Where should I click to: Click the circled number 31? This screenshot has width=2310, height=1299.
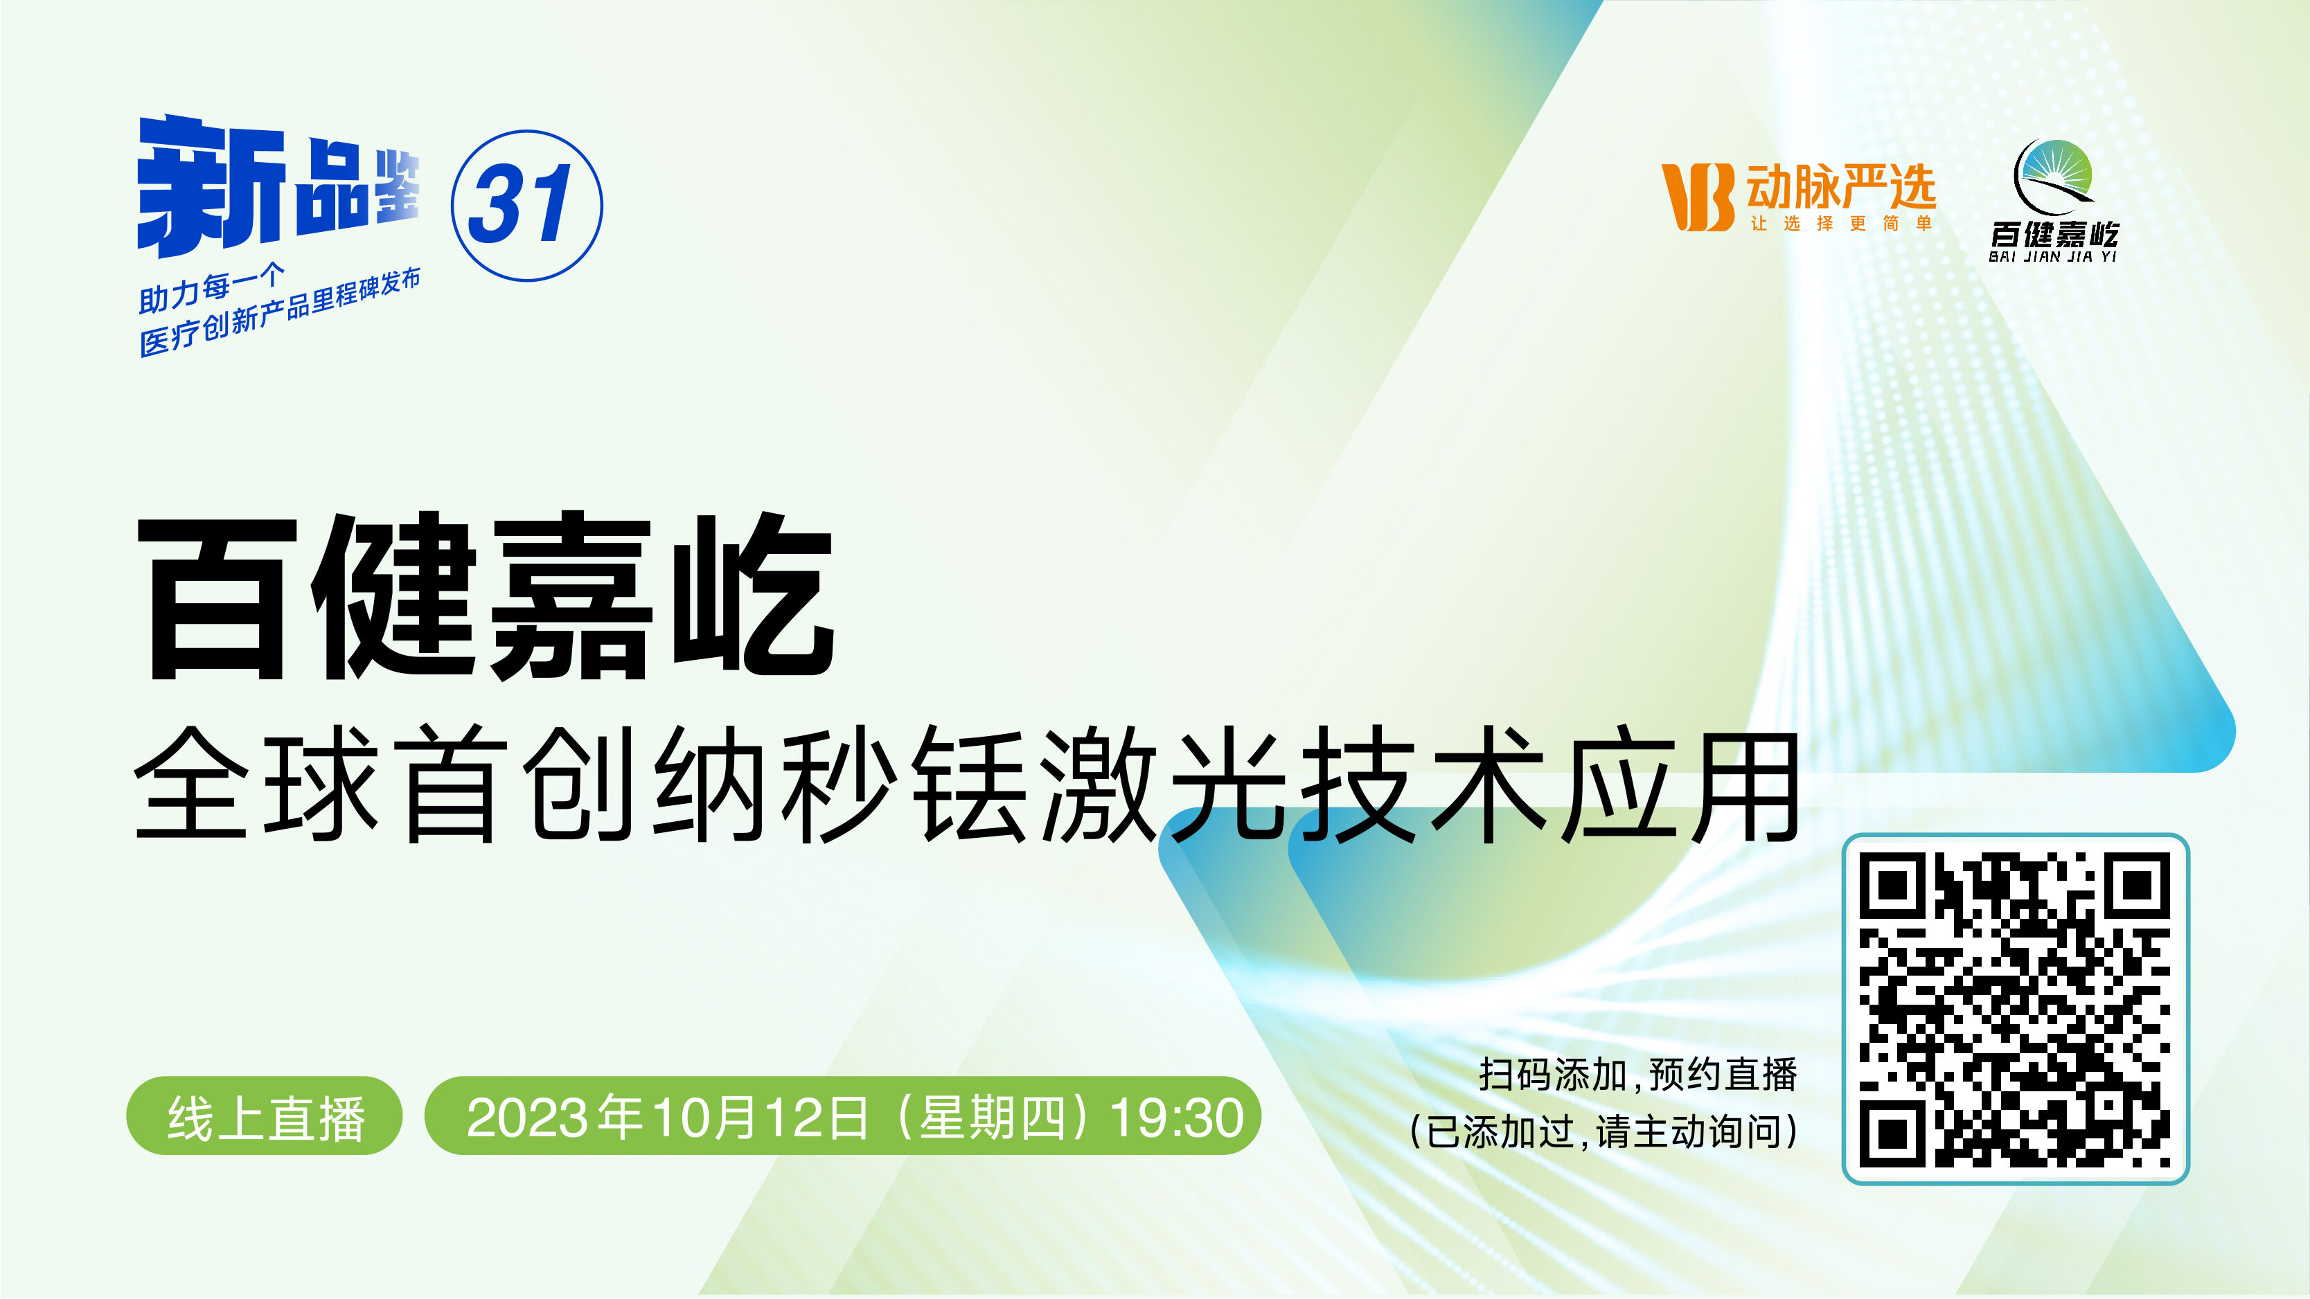point(526,205)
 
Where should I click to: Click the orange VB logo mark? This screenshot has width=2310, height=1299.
point(1696,197)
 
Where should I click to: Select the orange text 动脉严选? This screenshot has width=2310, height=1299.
point(1841,186)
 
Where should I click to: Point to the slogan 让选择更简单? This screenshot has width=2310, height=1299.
point(1841,223)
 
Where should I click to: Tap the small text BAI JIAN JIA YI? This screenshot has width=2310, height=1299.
point(2052,256)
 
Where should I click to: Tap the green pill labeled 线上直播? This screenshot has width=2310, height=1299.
point(265,1116)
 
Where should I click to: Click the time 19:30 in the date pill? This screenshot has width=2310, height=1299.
point(1177,1118)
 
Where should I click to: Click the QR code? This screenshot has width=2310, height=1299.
point(2015,1009)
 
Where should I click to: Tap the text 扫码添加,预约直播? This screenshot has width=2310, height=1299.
point(1638,1075)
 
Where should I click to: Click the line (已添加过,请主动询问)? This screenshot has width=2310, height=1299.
point(1603,1131)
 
